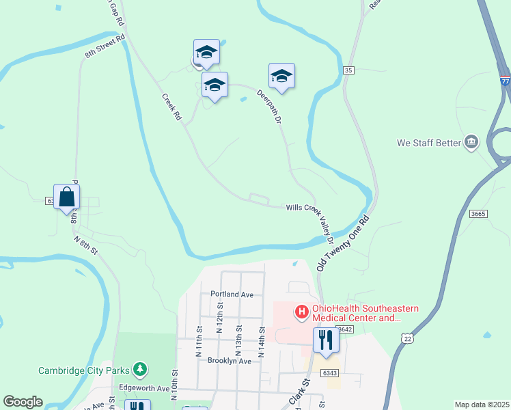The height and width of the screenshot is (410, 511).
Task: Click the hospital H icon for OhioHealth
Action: [301, 312]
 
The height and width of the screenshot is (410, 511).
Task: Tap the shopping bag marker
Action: [67, 197]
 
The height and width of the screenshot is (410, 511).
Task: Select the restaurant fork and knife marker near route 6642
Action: [325, 340]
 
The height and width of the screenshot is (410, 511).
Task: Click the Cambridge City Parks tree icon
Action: [140, 370]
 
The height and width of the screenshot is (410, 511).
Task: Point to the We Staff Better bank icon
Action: [471, 143]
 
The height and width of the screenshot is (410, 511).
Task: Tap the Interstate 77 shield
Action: [505, 79]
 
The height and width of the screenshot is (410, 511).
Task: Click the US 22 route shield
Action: [408, 339]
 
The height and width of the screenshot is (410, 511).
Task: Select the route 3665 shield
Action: [478, 214]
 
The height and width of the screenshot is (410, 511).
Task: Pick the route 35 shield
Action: [349, 70]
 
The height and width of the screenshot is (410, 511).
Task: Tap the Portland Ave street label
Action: [232, 295]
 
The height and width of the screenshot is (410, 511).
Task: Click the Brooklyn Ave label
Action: [226, 360]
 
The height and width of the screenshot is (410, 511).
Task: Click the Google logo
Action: [23, 402]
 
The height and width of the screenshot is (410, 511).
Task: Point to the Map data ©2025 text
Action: [482, 405]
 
